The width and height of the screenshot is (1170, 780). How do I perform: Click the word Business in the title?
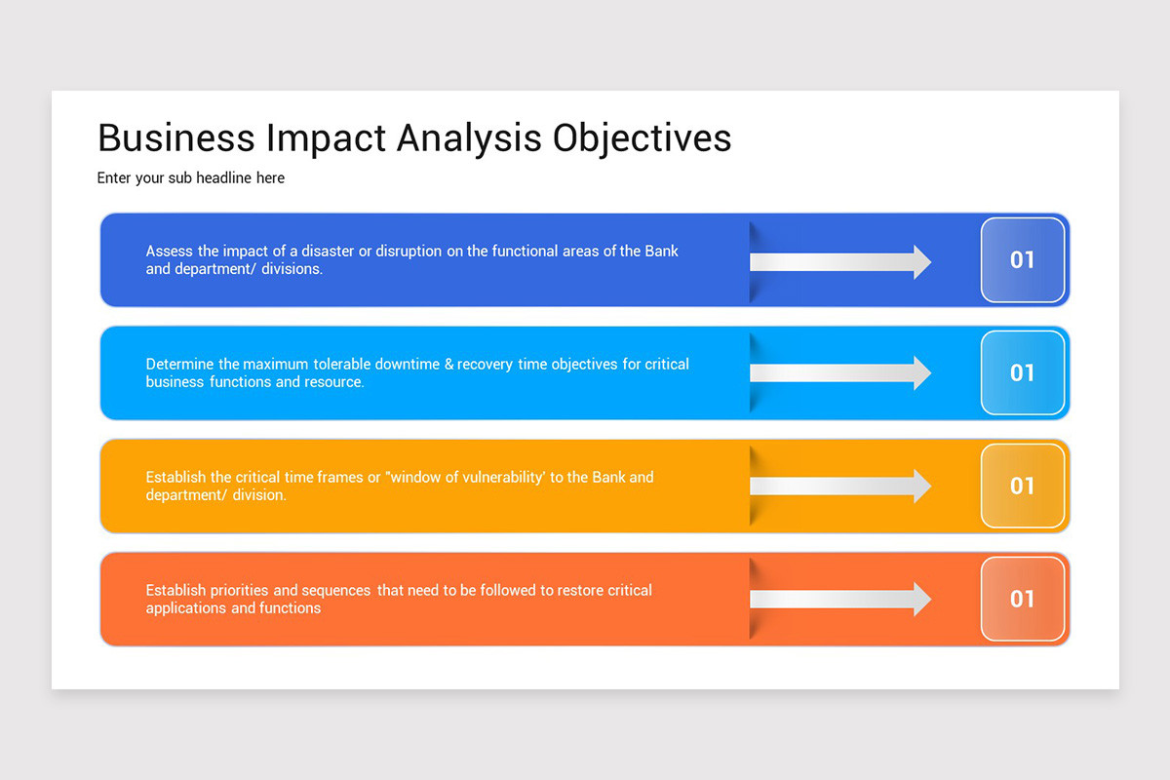point(175,137)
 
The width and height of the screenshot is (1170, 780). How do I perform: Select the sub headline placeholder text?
point(191,178)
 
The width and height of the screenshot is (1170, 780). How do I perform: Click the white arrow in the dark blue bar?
point(839,261)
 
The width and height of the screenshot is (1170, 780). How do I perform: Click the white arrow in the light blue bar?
point(839,373)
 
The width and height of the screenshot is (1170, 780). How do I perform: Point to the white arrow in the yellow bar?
point(839,487)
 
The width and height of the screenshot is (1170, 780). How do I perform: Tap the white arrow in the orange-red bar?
point(839,600)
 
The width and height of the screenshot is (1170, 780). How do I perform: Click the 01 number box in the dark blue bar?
point(1022,260)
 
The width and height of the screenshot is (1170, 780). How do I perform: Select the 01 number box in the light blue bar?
point(1022,373)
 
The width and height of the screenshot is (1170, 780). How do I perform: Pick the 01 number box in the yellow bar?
point(1022,487)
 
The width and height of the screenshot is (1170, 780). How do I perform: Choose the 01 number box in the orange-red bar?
point(1022,600)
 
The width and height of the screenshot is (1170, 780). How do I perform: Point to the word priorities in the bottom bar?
point(237,590)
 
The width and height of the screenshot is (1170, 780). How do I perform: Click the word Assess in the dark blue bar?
point(169,251)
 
